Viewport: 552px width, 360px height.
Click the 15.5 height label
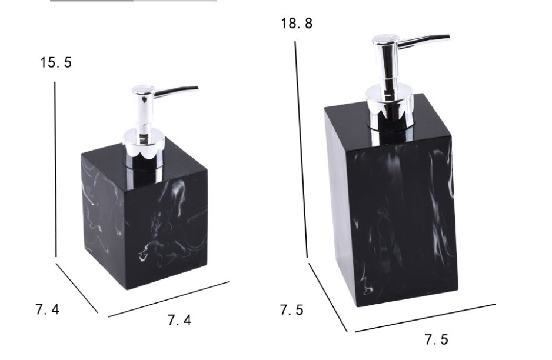56,62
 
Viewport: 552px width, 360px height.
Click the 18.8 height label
297,24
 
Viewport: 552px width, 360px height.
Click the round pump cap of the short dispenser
143,91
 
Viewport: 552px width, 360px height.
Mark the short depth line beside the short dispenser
77,288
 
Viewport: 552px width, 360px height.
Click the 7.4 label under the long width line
179,321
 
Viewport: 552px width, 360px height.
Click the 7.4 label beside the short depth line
46,309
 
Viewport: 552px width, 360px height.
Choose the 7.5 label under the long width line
436,339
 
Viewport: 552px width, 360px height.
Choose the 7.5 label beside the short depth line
291,310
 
